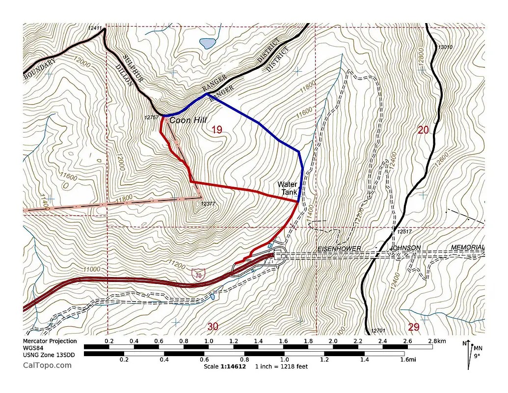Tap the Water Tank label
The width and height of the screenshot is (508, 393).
(x=287, y=188)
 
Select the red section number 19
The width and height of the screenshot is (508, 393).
(x=216, y=130)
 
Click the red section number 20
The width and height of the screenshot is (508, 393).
(x=424, y=130)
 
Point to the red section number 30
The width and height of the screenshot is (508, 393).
(x=213, y=327)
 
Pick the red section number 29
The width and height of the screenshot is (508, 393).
(x=414, y=327)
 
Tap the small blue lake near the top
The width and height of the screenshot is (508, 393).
(x=208, y=43)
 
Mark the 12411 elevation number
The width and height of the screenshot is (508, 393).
(x=95, y=28)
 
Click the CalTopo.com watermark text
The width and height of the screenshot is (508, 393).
(x=47, y=365)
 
